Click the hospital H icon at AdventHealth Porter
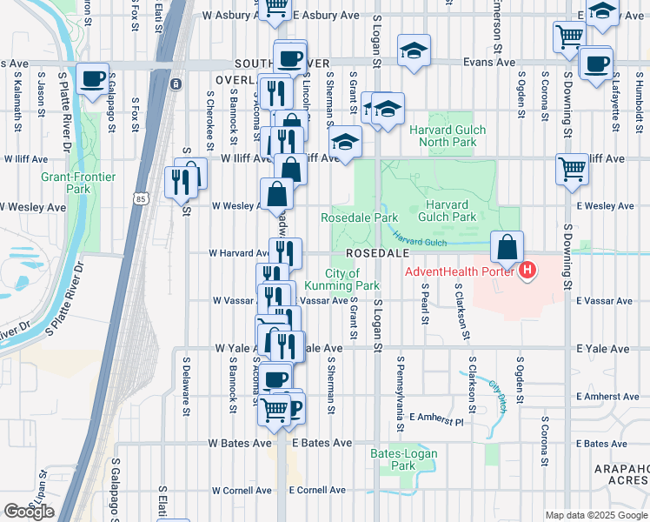(527, 272)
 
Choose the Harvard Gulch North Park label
(447, 136)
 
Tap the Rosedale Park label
(359, 217)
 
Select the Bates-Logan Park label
(392, 459)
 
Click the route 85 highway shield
(141, 199)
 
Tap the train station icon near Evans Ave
(176, 84)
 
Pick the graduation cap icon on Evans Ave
(415, 51)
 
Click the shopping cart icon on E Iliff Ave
(573, 170)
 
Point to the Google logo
(29, 512)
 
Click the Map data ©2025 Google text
(596, 515)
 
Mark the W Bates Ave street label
(241, 443)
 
